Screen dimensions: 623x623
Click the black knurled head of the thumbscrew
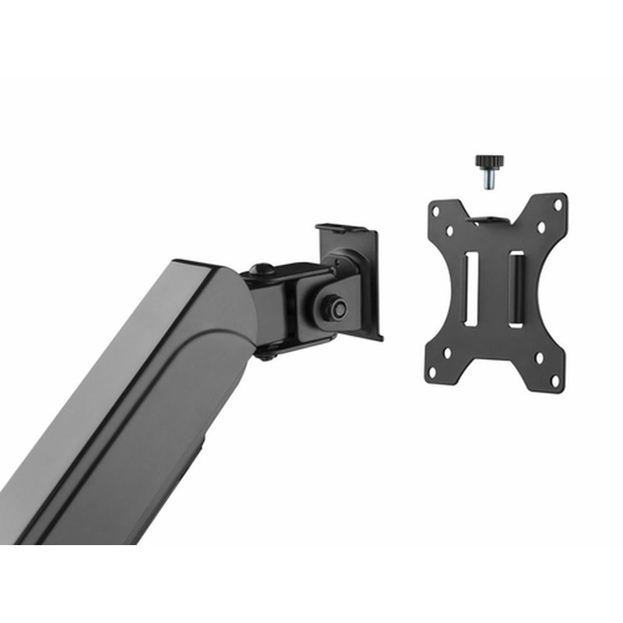coord(490,163)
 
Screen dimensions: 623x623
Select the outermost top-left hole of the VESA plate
coord(436,209)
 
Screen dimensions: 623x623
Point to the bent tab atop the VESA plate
coord(492,220)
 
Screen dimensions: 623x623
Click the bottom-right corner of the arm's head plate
coord(379,338)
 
